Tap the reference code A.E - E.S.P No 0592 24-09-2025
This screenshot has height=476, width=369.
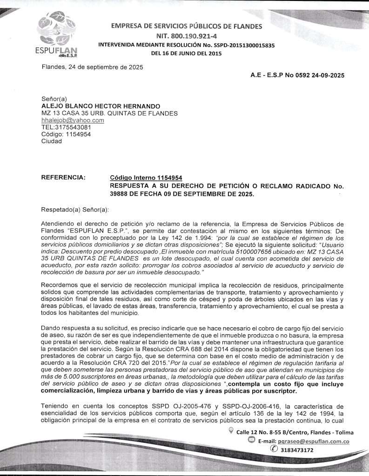click(297, 75)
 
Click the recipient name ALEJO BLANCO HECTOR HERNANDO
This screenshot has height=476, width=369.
click(101, 106)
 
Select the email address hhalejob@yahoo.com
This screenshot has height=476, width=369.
click(73, 120)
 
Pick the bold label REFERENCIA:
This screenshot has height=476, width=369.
click(63, 177)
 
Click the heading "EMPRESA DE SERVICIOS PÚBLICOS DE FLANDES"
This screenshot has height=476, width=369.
click(186, 26)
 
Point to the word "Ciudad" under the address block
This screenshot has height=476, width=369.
click(52, 141)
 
